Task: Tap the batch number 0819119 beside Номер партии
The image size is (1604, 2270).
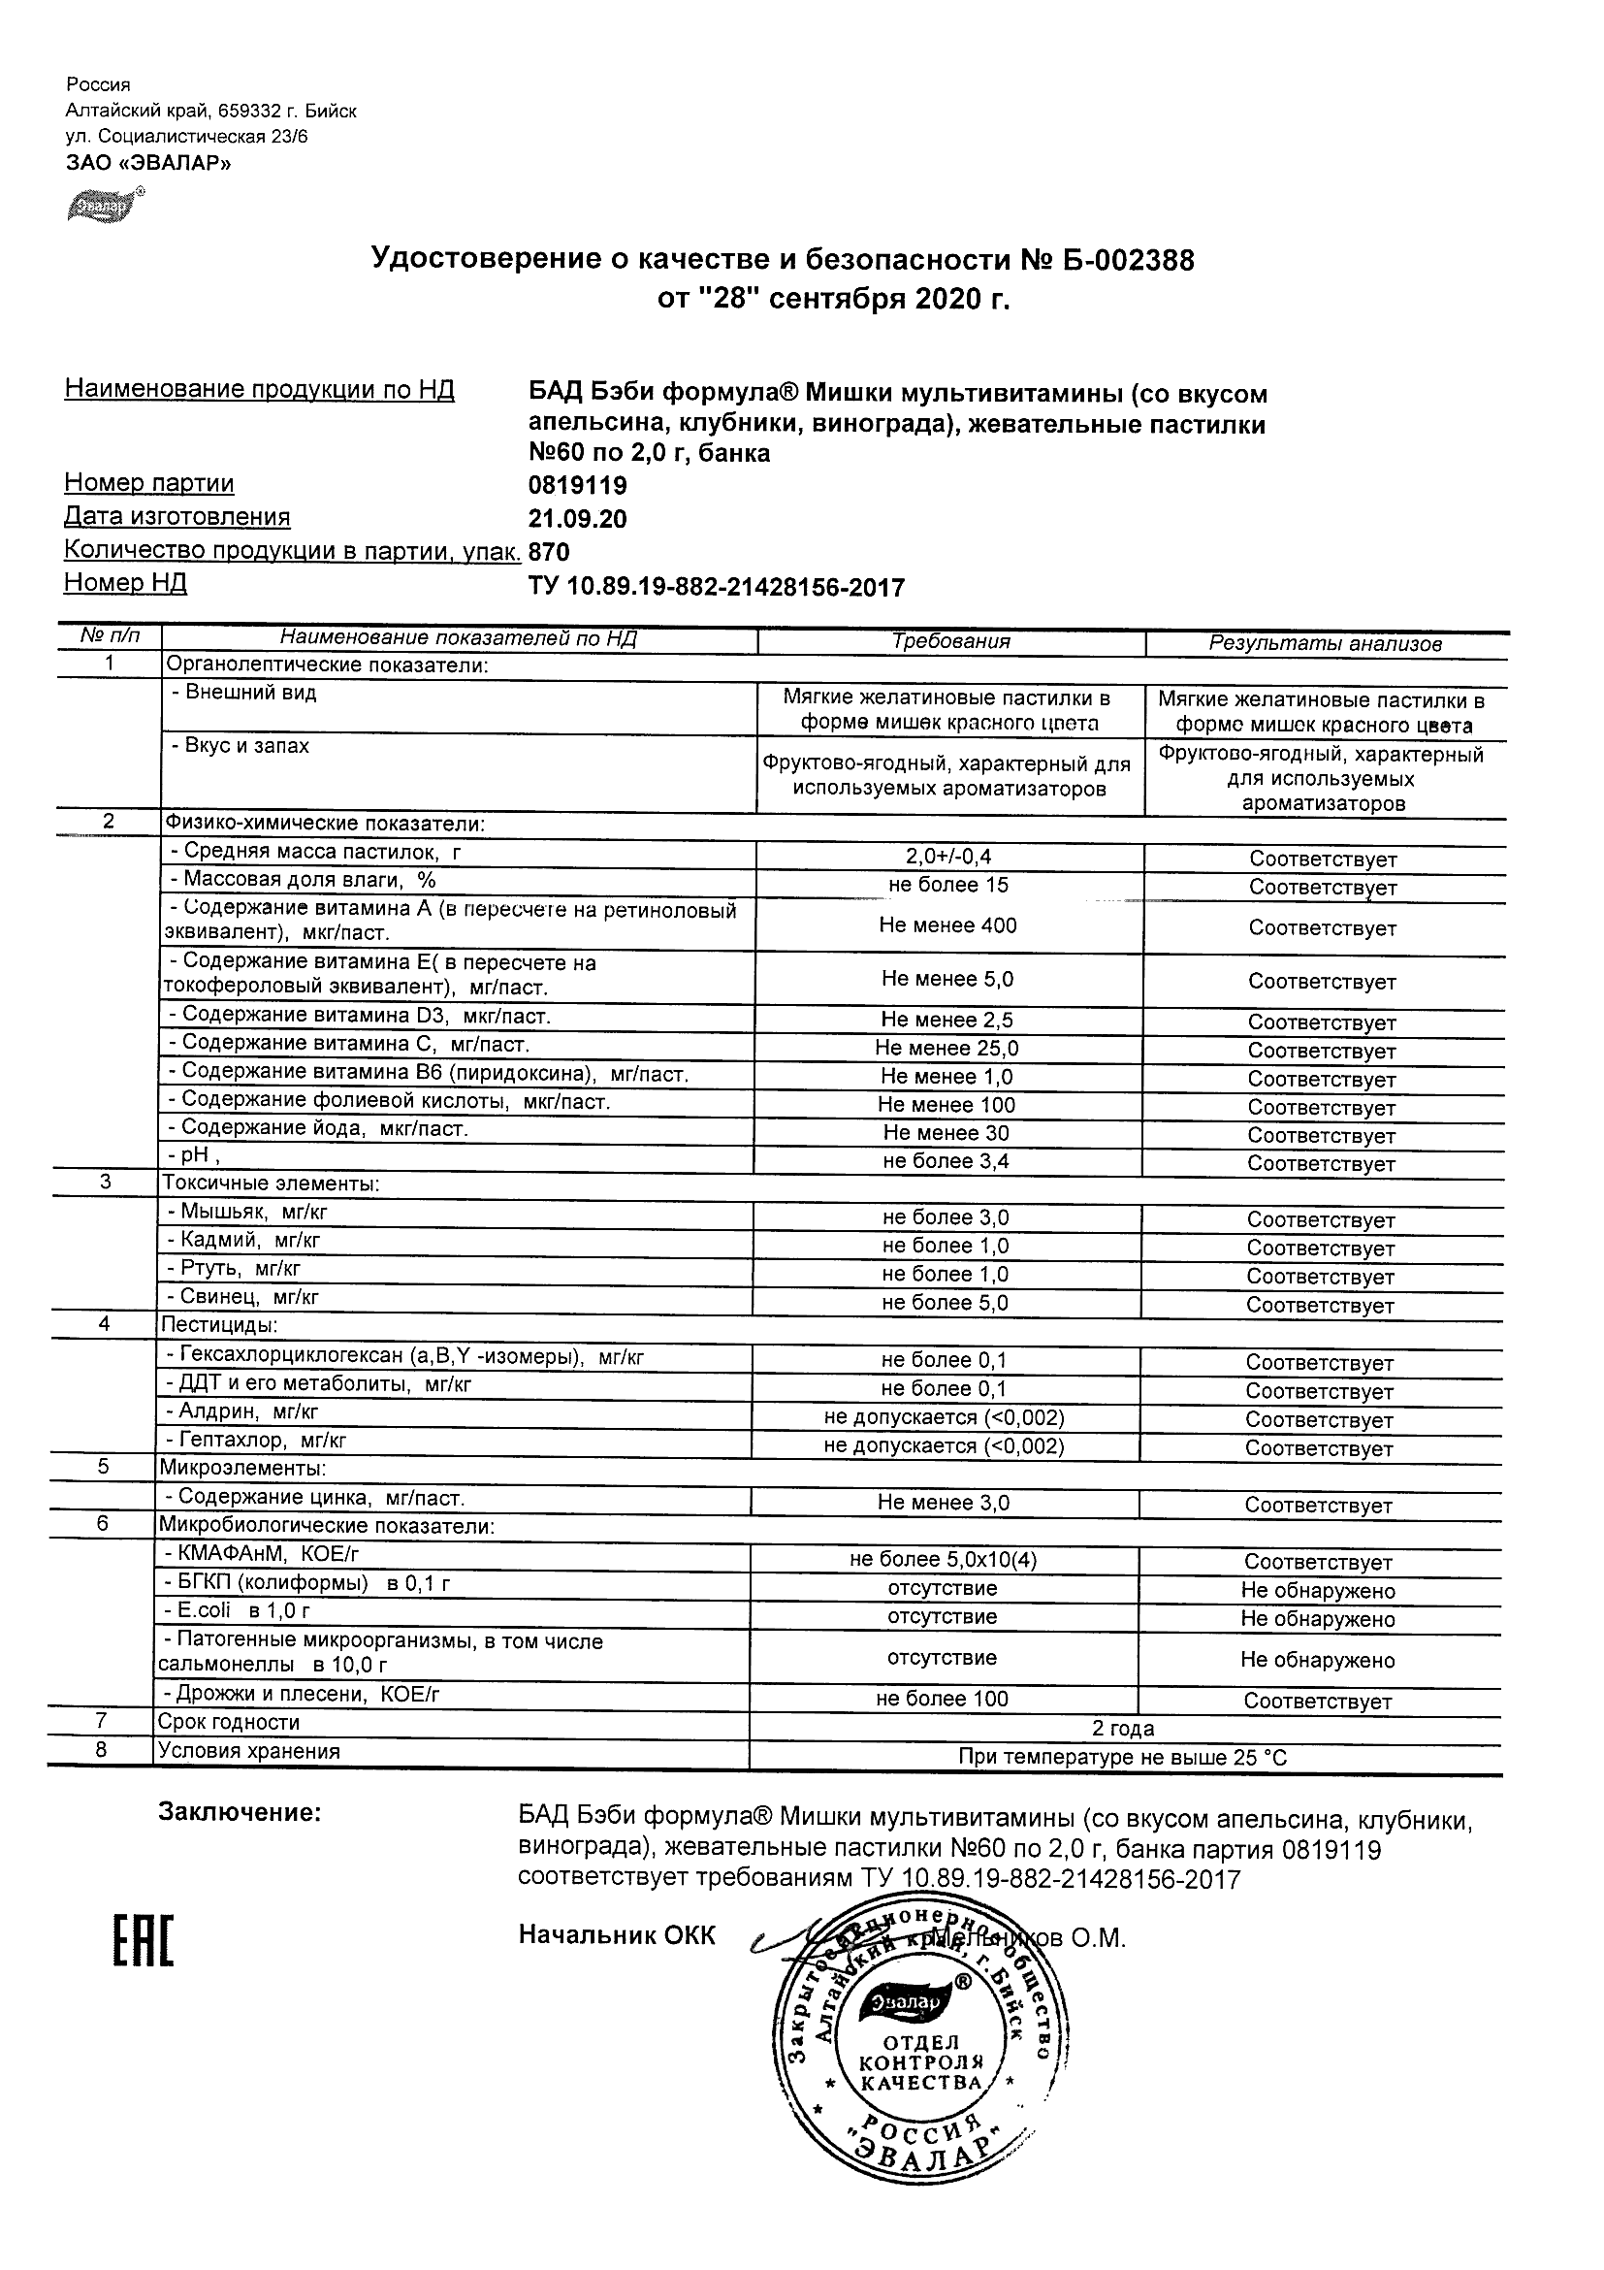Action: click(577, 485)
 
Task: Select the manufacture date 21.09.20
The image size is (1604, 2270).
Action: click(577, 519)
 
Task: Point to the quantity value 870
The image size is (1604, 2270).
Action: click(550, 552)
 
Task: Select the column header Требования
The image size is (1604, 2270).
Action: click(950, 641)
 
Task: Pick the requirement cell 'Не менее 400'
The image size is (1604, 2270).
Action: click(946, 925)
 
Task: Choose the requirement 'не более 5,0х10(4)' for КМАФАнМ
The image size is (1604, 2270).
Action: click(943, 1559)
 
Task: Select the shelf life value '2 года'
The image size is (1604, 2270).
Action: click(1123, 1728)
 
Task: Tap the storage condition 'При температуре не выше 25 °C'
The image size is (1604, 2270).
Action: click(1123, 1757)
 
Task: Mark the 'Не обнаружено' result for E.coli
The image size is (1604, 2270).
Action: click(1317, 1618)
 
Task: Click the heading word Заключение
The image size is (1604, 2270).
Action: click(241, 1812)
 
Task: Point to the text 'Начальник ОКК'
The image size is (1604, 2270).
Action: click(617, 1935)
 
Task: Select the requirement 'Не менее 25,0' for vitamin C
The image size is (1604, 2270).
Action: click(946, 1048)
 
